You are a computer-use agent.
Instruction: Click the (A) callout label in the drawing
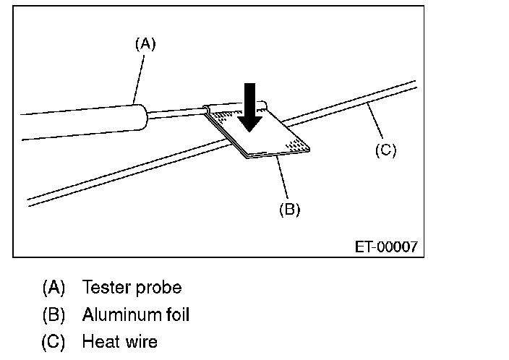tap(145, 43)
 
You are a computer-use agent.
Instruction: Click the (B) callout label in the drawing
tap(289, 210)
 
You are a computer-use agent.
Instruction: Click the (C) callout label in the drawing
tap(385, 150)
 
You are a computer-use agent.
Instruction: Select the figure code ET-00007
tap(386, 247)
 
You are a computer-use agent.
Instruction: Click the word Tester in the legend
tap(104, 288)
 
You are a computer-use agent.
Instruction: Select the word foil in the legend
tap(177, 314)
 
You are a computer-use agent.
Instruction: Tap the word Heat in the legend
tap(99, 340)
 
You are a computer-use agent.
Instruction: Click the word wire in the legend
tap(140, 340)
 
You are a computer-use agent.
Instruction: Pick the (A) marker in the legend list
tap(54, 288)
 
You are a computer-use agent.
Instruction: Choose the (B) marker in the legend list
tap(54, 314)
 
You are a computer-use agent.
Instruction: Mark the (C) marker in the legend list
tap(54, 340)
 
